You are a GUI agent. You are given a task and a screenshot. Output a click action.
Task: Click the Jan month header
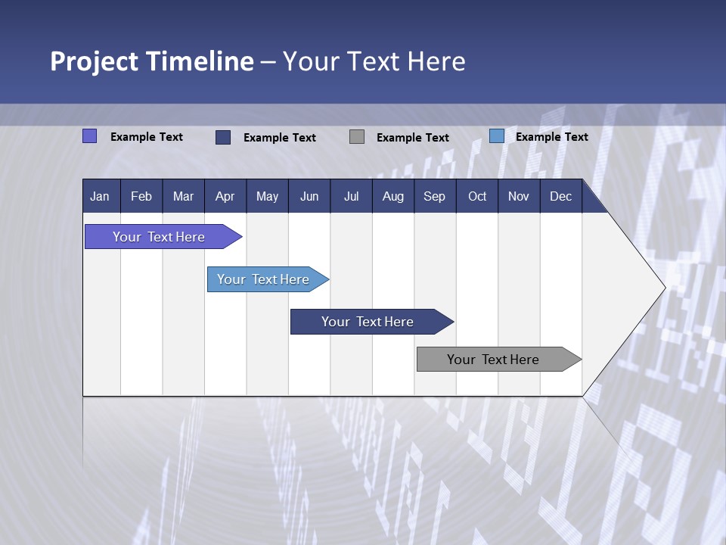[100, 196]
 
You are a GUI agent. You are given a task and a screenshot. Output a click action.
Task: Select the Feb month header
[141, 196]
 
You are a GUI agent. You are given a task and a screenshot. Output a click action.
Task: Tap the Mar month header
[183, 196]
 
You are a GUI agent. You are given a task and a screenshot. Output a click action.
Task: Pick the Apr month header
[225, 196]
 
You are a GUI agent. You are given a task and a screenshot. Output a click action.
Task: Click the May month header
[267, 196]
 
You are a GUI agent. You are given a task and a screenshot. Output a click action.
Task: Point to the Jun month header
[309, 196]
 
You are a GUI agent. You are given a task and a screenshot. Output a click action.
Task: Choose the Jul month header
[351, 196]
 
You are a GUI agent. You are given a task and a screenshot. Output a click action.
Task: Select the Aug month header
[393, 196]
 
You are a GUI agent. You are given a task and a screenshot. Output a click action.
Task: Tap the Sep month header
[435, 196]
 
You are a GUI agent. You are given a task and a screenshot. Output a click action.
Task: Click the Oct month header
[477, 196]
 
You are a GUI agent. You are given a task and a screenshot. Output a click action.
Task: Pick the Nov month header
[519, 196]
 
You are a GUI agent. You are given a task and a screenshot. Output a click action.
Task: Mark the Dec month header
[561, 196]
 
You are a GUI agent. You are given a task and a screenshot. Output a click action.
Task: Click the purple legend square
[89, 136]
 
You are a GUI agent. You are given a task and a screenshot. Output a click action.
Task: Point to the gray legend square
[357, 137]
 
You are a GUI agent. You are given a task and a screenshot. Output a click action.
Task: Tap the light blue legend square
[497, 136]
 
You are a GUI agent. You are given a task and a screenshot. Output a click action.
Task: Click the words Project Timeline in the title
[152, 61]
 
